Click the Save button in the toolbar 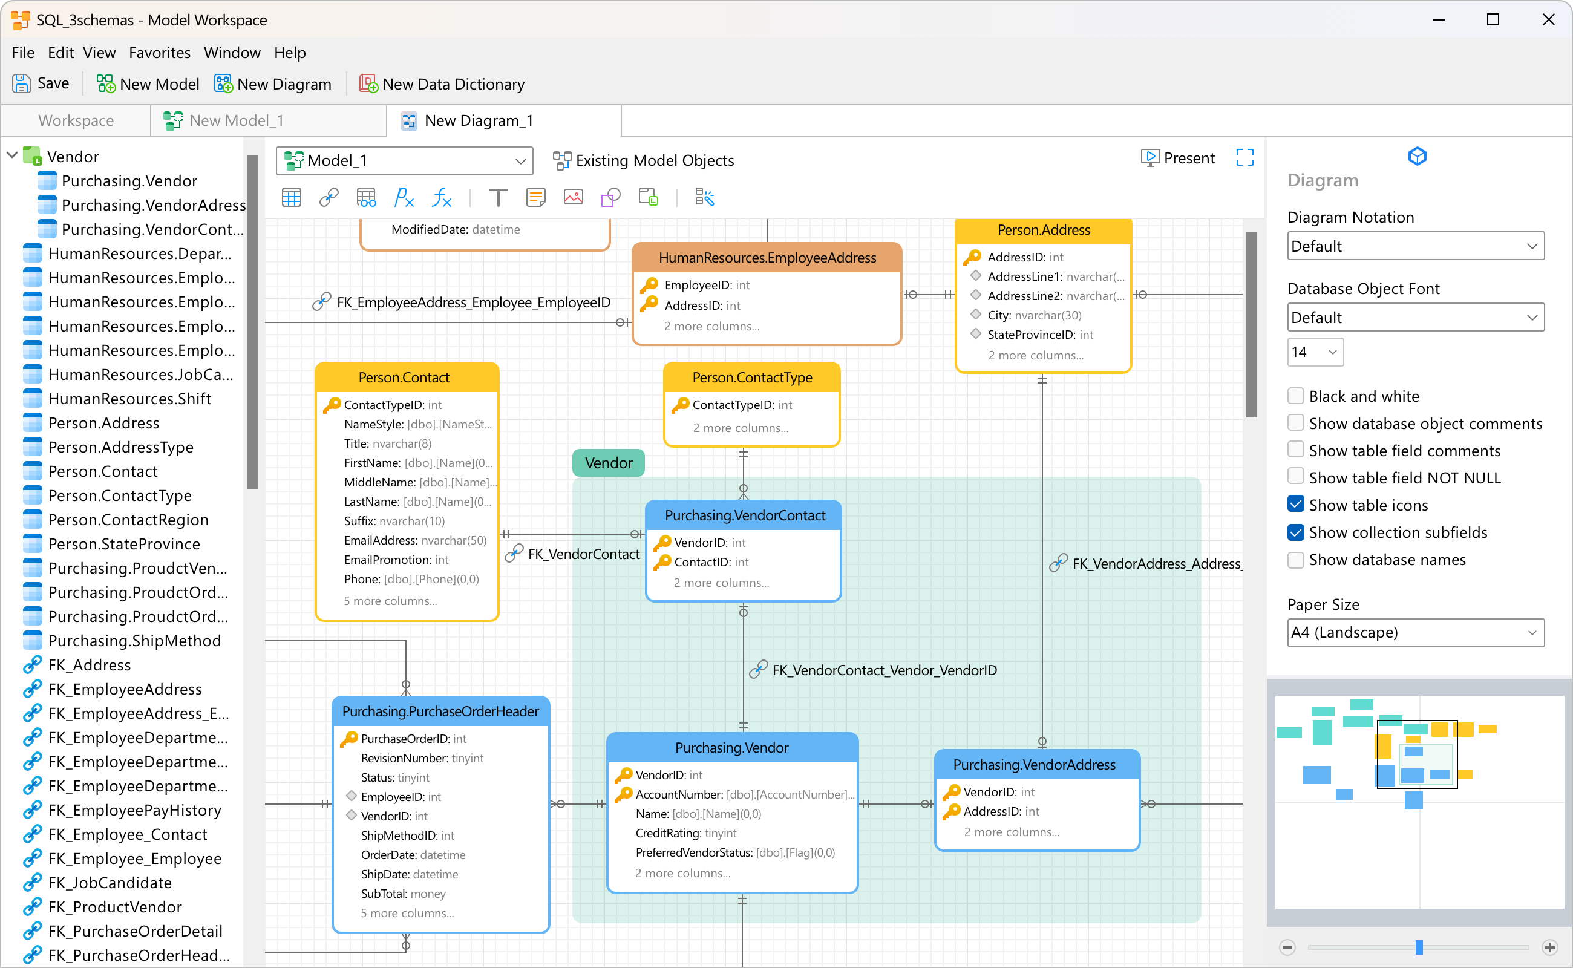pyautogui.click(x=41, y=84)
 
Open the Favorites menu pyautogui.click(x=159, y=53)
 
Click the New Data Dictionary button pyautogui.click(x=442, y=84)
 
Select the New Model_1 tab pyautogui.click(x=235, y=120)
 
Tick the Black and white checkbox pyautogui.click(x=1295, y=396)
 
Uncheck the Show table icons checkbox pyautogui.click(x=1295, y=505)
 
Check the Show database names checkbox pyautogui.click(x=1295, y=560)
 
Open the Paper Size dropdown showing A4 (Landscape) pyautogui.click(x=1415, y=633)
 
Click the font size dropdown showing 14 pyautogui.click(x=1314, y=352)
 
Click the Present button pyautogui.click(x=1178, y=158)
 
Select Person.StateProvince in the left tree pyautogui.click(x=123, y=544)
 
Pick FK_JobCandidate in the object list pyautogui.click(x=110, y=883)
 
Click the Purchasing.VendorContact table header pyautogui.click(x=745, y=515)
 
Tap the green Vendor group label pyautogui.click(x=608, y=463)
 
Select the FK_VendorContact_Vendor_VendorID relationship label pyautogui.click(x=883, y=670)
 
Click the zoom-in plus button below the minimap pyautogui.click(x=1550, y=947)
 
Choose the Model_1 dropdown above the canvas pyautogui.click(x=404, y=160)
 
